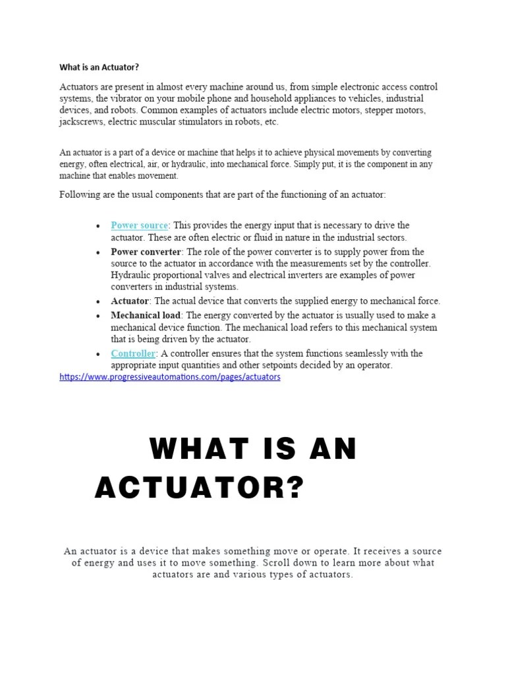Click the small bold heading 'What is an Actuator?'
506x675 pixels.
[x=99, y=67]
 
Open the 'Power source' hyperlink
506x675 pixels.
[x=139, y=225]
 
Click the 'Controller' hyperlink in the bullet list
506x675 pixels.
[x=133, y=353]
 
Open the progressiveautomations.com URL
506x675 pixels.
[x=170, y=377]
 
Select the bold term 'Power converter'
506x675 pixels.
[x=146, y=252]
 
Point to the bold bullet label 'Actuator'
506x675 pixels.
[x=130, y=301]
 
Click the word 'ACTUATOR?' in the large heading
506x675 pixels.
[x=200, y=488]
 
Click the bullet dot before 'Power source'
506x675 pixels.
[x=98, y=226]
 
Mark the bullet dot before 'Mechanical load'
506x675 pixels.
[x=98, y=316]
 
